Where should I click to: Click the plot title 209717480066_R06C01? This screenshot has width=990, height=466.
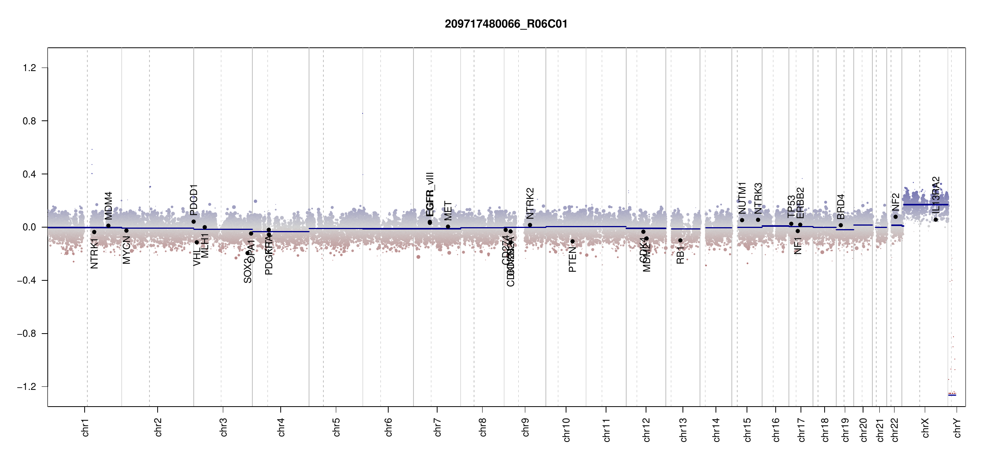506,24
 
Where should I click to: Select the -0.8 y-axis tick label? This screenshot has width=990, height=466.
26,334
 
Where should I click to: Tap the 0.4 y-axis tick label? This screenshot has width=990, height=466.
30,174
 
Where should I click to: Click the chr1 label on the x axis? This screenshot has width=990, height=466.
85,427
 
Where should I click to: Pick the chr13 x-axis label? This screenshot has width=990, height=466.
683,429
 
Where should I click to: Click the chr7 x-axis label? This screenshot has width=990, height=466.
438,427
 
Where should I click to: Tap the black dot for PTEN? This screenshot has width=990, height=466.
572,242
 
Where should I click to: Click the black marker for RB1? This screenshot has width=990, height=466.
680,240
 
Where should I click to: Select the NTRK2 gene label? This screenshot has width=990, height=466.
530,203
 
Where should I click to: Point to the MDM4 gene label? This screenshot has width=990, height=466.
109,205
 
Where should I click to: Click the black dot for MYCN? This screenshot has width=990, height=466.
126,231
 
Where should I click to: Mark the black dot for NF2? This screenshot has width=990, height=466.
896,217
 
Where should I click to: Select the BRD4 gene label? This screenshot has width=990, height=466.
841,207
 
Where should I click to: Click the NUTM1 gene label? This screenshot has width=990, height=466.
742,198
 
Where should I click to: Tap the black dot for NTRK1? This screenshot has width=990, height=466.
94,232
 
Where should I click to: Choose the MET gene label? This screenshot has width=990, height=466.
448,211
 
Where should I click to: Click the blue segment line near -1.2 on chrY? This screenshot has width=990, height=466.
952,395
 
